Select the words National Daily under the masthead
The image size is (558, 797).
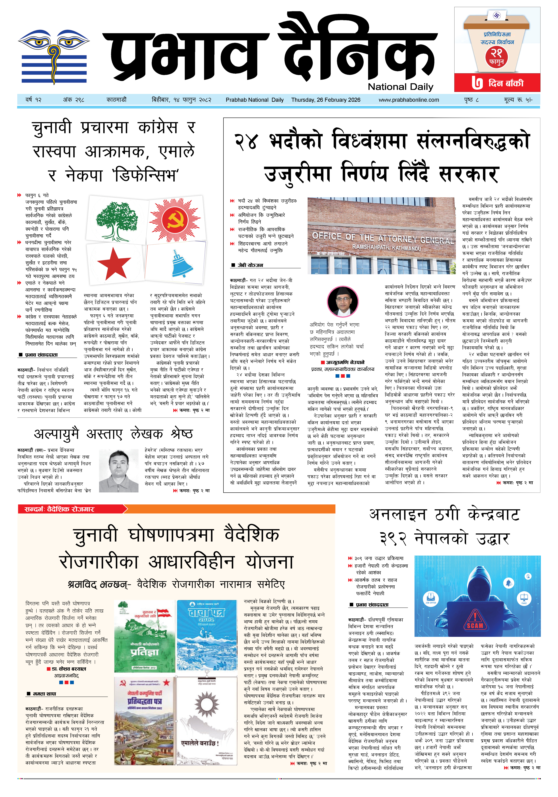(400, 87)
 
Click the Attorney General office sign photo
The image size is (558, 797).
(381, 236)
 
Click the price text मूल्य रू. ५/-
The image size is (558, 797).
(518, 100)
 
